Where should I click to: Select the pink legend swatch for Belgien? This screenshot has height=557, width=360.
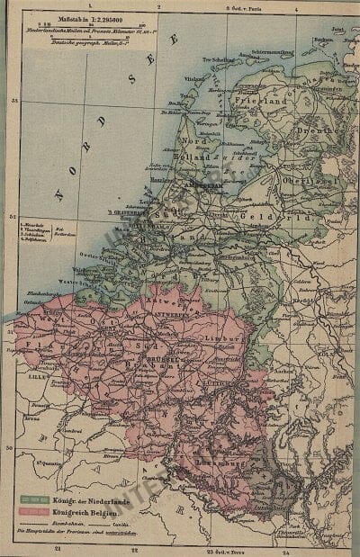coord(33,509)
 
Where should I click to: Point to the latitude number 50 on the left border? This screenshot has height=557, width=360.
coord(9,447)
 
